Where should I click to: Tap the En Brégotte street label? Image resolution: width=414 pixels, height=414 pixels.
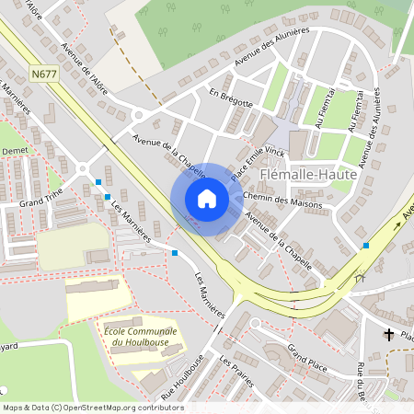[x=230, y=98]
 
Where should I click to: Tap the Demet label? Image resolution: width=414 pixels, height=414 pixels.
[x=14, y=148]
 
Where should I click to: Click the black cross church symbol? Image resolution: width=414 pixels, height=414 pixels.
[x=389, y=335]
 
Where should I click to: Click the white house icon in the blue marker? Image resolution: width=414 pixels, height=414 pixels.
[x=207, y=199]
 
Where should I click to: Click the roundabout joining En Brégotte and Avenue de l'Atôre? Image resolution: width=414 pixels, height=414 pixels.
[x=138, y=116]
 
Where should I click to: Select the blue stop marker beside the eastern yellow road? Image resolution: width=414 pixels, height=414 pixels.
[x=366, y=245]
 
